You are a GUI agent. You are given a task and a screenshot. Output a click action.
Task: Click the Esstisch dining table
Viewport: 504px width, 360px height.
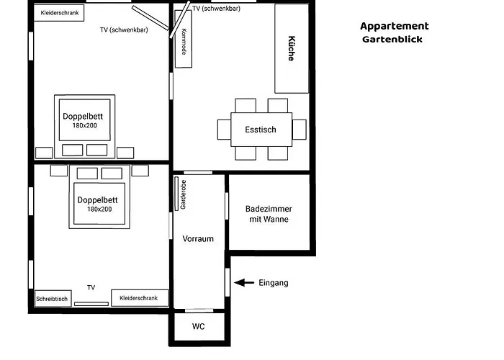[x=261, y=130]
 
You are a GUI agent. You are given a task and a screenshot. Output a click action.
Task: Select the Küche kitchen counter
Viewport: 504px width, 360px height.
[x=292, y=49]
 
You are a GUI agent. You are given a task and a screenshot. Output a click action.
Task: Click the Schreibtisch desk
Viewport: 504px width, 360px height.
[x=52, y=298]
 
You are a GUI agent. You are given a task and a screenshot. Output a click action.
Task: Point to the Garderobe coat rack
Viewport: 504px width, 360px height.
[x=184, y=194]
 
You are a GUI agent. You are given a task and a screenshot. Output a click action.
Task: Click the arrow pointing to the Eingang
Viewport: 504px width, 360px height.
[x=244, y=283]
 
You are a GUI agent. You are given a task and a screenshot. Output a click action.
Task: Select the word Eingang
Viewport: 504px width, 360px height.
[x=273, y=283]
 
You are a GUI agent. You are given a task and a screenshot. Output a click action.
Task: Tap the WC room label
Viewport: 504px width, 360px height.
[x=199, y=326]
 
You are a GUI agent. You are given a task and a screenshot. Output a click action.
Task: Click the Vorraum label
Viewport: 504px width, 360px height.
[x=198, y=239]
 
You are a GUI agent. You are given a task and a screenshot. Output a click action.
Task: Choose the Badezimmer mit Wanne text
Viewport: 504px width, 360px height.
[x=269, y=214]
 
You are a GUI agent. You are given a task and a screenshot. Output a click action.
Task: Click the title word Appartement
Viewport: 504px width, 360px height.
[x=394, y=26]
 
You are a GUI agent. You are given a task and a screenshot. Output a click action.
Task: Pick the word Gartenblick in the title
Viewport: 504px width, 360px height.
[x=392, y=40]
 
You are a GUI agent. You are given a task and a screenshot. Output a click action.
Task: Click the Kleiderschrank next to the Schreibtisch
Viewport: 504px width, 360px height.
[x=140, y=297]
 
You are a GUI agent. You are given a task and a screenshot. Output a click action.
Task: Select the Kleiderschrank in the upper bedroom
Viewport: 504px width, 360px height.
[x=60, y=12]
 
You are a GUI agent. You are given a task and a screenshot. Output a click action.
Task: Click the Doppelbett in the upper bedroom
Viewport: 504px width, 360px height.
[x=85, y=120]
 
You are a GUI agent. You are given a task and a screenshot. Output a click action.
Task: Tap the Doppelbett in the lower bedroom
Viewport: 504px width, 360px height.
[x=99, y=203]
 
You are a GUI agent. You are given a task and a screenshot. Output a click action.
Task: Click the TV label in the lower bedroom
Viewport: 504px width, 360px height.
[x=91, y=287]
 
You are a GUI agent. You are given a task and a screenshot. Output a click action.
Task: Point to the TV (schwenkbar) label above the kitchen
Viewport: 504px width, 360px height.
[x=216, y=9]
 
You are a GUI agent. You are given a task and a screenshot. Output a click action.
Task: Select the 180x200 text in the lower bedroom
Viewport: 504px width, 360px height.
[x=99, y=210]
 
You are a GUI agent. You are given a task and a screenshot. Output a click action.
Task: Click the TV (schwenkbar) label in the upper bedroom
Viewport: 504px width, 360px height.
[x=124, y=30]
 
